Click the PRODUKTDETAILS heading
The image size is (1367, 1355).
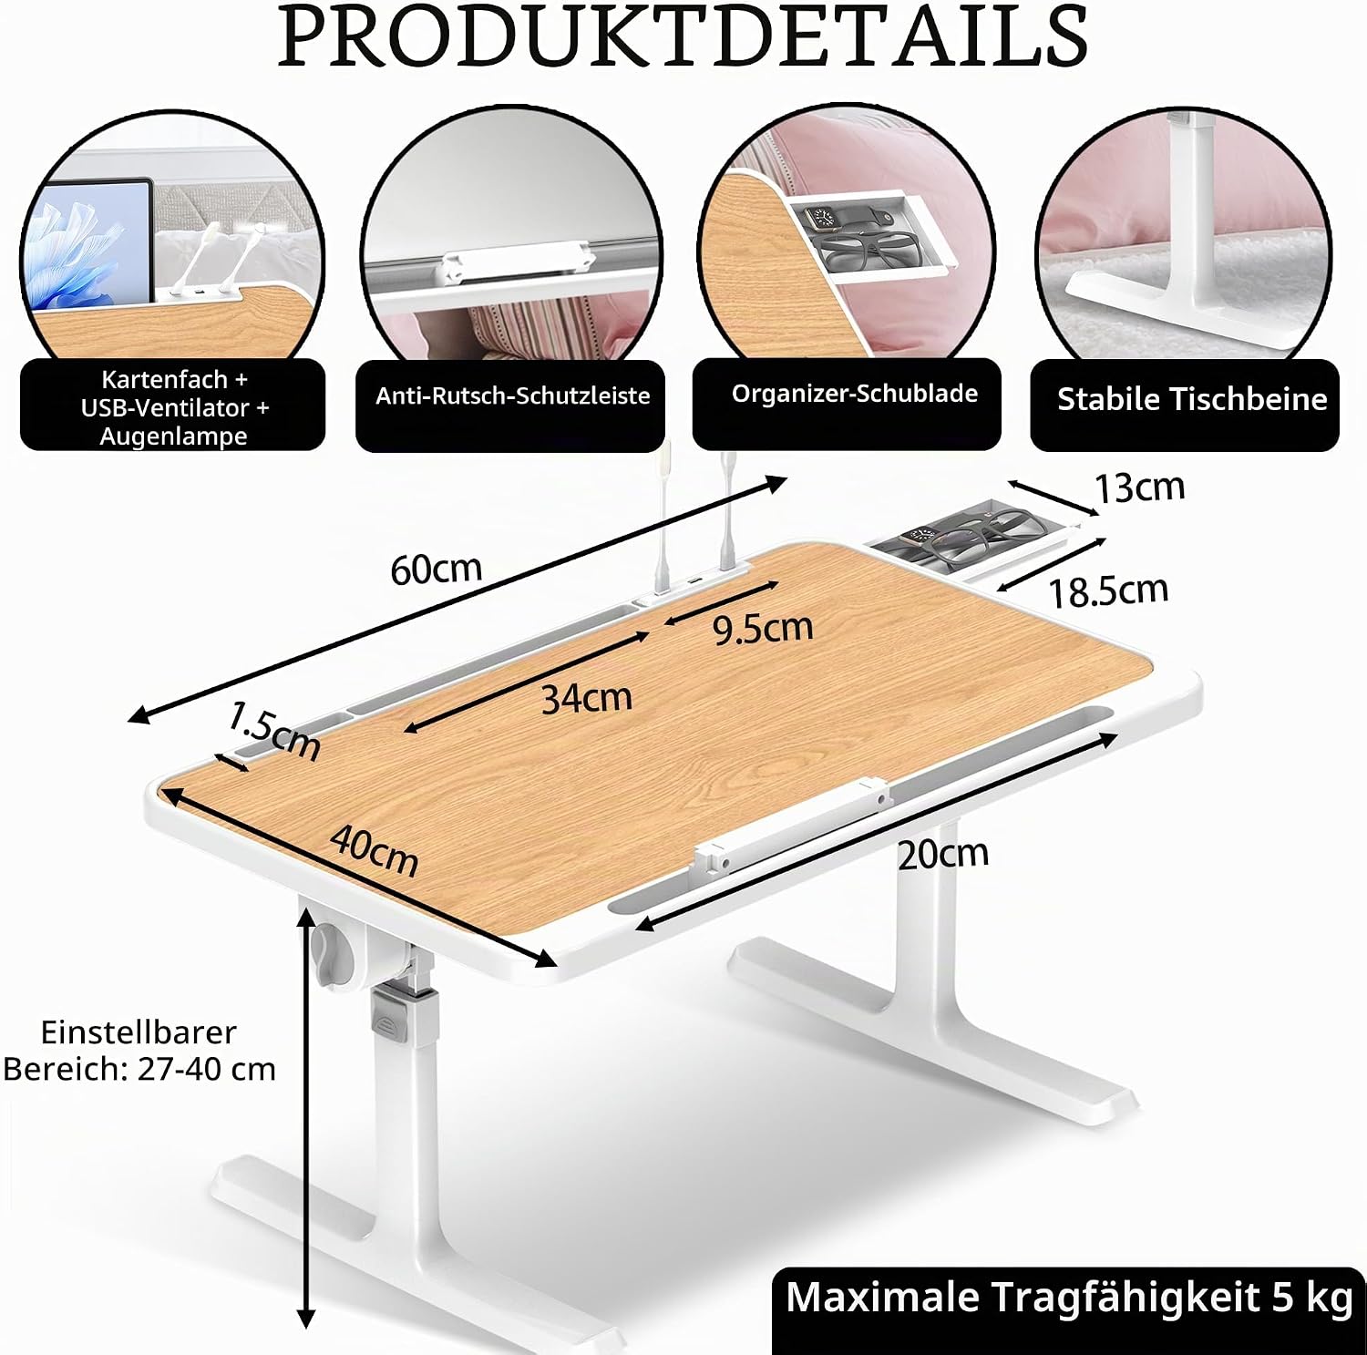click(683, 36)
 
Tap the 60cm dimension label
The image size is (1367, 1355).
click(436, 570)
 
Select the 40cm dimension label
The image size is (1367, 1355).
click(375, 849)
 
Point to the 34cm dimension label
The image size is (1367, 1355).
click(587, 698)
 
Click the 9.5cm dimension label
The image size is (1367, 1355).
click(763, 628)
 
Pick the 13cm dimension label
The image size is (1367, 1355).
click(1140, 488)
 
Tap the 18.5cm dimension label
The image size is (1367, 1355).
click(1108, 591)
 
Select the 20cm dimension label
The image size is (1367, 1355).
click(943, 854)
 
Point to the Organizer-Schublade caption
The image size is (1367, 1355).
click(854, 394)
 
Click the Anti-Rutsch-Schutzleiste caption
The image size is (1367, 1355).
click(513, 395)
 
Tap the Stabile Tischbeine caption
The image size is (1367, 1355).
click(1192, 399)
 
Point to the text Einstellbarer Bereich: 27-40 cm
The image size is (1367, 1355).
click(139, 1051)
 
